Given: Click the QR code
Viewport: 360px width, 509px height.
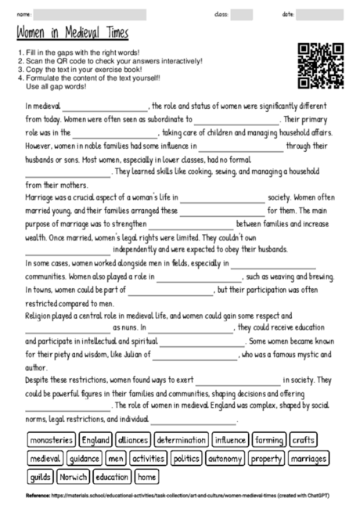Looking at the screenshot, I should click(321, 66).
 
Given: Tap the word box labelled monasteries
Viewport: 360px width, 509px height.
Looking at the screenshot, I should click(52, 440).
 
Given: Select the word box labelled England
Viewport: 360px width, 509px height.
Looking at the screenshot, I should click(96, 440).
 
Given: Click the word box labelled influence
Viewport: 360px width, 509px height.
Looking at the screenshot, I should click(230, 440).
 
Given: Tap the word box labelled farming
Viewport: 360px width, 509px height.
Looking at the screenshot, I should click(270, 440).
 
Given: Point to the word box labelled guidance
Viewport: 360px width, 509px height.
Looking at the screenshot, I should click(84, 458).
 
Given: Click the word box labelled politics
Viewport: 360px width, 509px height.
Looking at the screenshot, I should click(186, 458).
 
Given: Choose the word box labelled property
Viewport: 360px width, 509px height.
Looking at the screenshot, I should click(267, 458).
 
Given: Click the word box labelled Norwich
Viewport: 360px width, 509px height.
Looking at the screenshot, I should click(74, 476).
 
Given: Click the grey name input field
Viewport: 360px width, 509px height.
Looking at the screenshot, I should click(90, 14).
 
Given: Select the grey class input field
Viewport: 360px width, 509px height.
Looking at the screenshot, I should click(241, 14).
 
